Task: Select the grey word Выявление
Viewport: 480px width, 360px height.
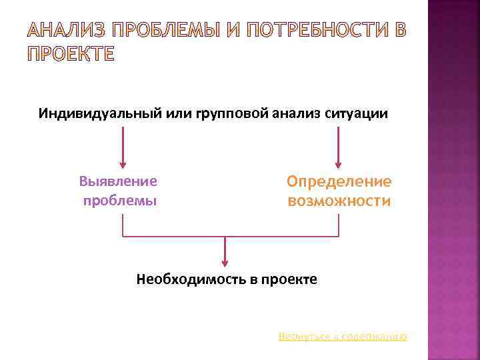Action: [x=119, y=181]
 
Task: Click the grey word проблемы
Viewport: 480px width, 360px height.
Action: [x=120, y=200]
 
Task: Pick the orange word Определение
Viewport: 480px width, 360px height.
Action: [x=339, y=181]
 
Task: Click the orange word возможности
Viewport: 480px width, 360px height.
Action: [x=339, y=200]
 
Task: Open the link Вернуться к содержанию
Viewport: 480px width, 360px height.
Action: [x=343, y=337]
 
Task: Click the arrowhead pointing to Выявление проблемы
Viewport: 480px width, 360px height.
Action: [x=122, y=163]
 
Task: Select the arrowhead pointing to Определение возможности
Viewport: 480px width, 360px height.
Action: [x=338, y=163]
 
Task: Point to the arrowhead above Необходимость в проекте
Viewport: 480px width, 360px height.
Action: [x=225, y=263]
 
